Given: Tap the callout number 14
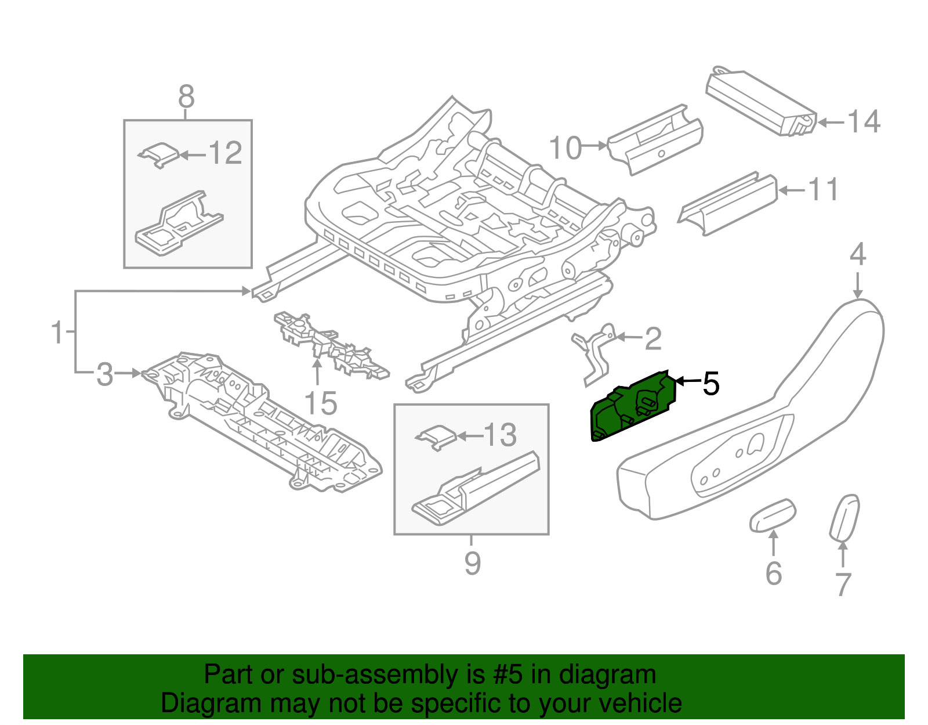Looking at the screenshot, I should tap(864, 122).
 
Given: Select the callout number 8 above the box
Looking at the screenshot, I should tap(186, 96).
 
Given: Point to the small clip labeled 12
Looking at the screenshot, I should tap(158, 154).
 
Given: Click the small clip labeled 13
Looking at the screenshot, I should tap(436, 437).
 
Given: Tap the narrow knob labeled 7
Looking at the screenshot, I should tap(844, 517).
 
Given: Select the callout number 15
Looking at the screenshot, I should tap(321, 403).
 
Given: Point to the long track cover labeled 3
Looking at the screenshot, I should tap(261, 424).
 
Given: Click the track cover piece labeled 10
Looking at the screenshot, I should tap(655, 139).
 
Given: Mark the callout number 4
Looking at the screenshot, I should tap(858, 255).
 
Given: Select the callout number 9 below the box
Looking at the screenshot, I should tap(472, 563).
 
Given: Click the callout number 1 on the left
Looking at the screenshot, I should tap(57, 332).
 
